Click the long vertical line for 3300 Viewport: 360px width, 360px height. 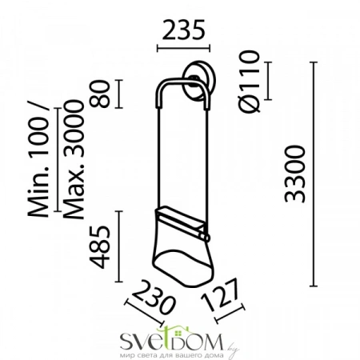pyautogui.click(x=312, y=176)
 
